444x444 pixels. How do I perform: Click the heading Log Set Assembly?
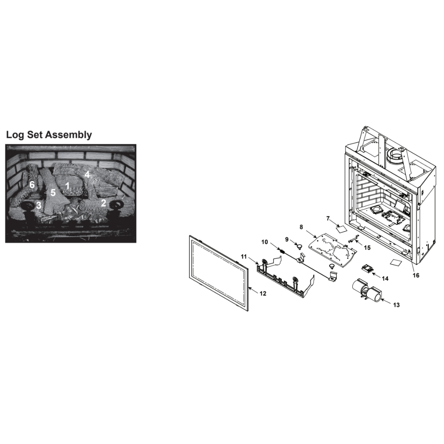[x=49, y=135]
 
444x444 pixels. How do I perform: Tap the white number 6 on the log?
[x=32, y=185]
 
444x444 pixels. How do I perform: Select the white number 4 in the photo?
[x=87, y=175]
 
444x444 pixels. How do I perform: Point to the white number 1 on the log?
[x=67, y=186]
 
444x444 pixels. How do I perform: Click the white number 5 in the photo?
[x=53, y=193]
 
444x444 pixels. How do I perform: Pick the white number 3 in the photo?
[x=39, y=205]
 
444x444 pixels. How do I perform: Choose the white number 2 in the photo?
[x=103, y=203]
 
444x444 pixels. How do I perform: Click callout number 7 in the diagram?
[x=328, y=218]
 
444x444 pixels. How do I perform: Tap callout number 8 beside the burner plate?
[x=301, y=227]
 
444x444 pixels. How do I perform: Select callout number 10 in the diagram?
[x=265, y=242]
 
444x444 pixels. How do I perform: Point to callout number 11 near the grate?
[x=244, y=256]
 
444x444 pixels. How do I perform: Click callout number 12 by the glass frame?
[x=263, y=293]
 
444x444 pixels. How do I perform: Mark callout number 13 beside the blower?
[x=396, y=305]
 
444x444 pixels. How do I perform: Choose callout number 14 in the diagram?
[x=385, y=279]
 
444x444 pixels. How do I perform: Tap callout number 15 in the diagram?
[x=367, y=248]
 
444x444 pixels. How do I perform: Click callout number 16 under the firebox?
[x=416, y=275]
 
